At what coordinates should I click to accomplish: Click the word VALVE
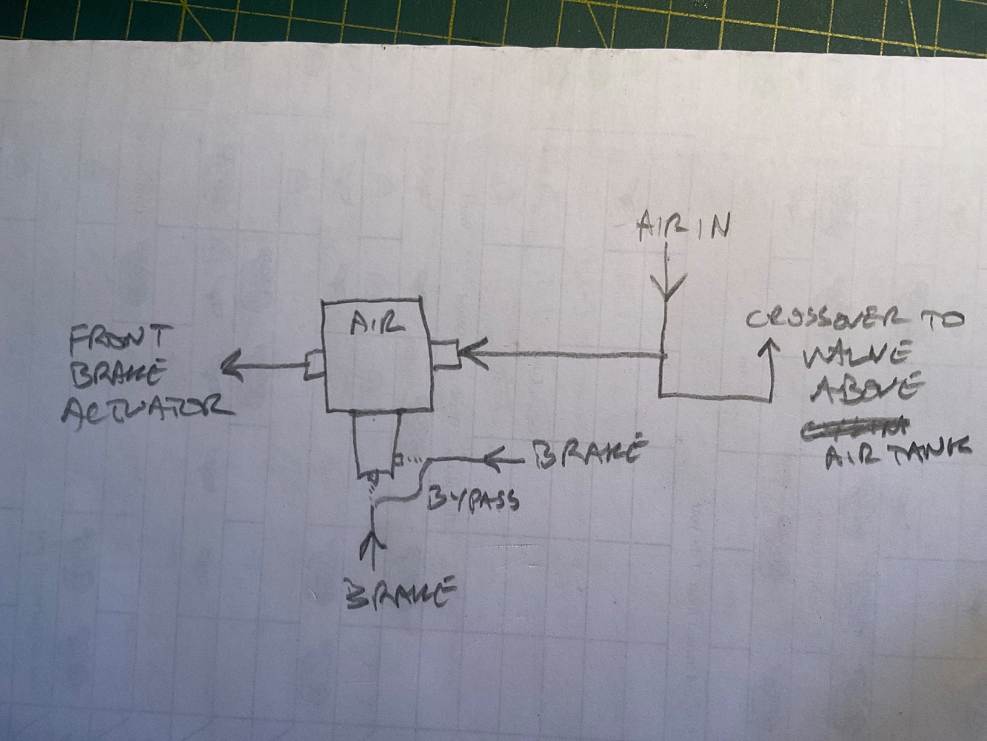click(x=856, y=356)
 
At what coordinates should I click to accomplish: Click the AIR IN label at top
click(x=683, y=227)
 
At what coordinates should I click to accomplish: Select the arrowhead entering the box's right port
click(x=471, y=353)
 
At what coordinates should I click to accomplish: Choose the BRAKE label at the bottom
click(x=400, y=594)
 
